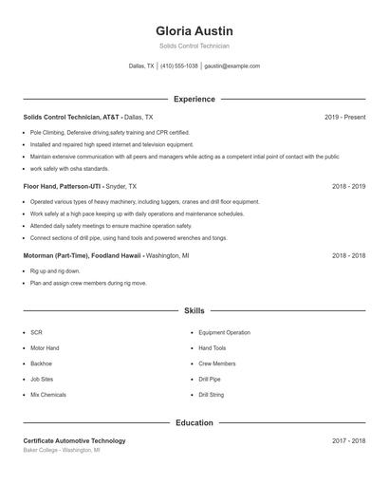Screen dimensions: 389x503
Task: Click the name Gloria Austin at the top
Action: [194, 31]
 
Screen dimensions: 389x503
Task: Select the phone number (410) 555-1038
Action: [179, 66]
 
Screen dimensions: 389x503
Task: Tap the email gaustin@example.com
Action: [232, 66]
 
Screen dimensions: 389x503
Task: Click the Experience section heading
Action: [194, 99]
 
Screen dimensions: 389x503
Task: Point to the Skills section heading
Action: [194, 310]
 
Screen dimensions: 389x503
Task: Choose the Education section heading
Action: [194, 422]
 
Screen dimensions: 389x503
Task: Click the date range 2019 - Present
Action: [344, 117]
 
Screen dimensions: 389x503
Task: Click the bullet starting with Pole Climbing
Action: [109, 133]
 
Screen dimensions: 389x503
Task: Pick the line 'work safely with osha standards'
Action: [69, 169]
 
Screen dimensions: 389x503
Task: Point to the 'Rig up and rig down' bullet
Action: [55, 271]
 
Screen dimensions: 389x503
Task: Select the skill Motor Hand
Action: [45, 348]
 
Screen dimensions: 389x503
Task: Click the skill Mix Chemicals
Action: [48, 394]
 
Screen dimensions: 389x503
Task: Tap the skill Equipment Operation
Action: [225, 333]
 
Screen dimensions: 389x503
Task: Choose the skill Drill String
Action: [212, 394]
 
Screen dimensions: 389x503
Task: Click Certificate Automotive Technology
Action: [74, 440]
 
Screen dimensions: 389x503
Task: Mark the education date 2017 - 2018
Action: [348, 440]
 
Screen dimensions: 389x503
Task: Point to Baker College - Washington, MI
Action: [62, 450]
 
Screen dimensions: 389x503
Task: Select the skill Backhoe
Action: [42, 363]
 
